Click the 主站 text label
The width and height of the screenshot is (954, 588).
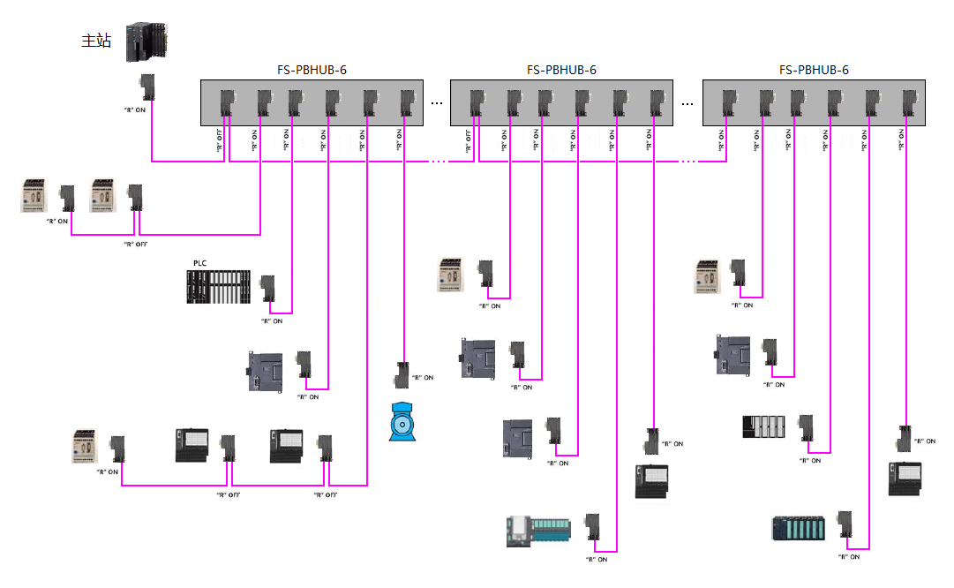[x=96, y=41]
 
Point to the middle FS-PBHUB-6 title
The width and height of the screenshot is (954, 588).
[x=562, y=70]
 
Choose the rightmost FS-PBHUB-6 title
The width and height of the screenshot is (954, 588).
[x=814, y=70]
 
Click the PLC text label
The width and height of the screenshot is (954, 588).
[x=199, y=263]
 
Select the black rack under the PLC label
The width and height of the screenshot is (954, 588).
[x=218, y=287]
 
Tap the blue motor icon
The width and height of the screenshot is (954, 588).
[x=404, y=422]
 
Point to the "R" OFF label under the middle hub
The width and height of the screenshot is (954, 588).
[x=468, y=140]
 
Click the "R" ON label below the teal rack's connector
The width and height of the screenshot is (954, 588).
[x=848, y=557]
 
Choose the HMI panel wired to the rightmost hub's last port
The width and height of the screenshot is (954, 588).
[x=905, y=479]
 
